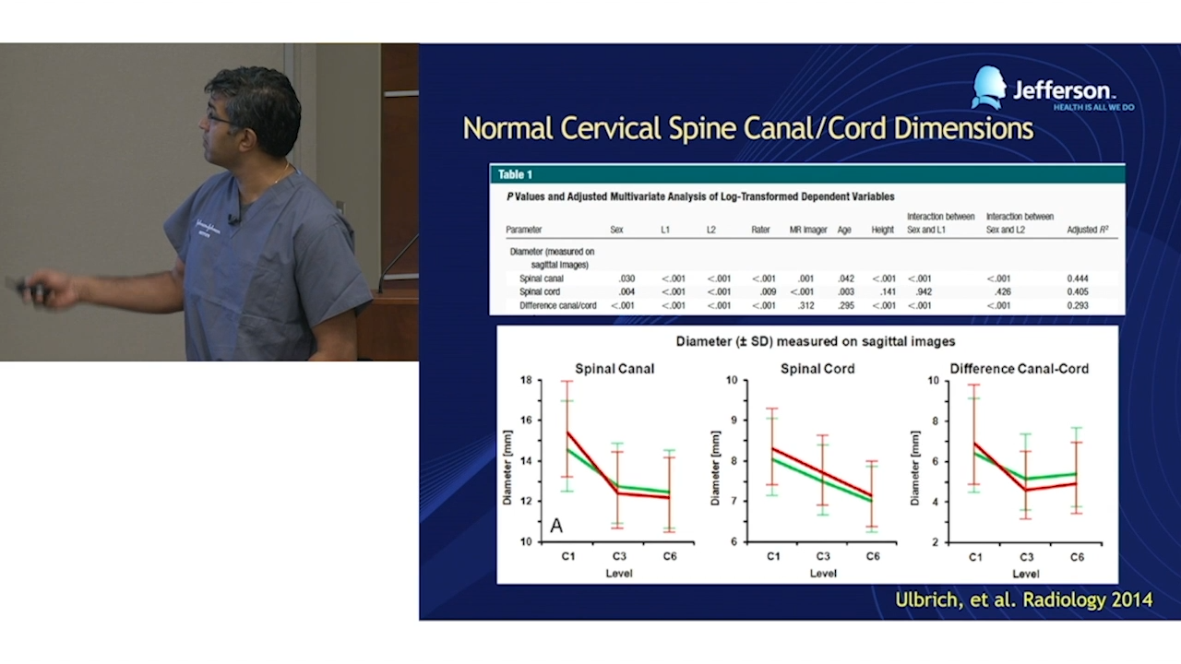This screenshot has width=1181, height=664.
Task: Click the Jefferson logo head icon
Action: click(x=988, y=88)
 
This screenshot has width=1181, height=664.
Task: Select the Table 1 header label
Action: click(x=515, y=174)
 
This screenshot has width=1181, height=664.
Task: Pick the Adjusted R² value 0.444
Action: click(x=1079, y=279)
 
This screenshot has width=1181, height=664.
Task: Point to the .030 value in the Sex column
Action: click(x=626, y=279)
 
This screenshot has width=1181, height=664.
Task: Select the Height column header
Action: click(x=882, y=230)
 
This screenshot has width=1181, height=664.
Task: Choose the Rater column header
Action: click(x=761, y=230)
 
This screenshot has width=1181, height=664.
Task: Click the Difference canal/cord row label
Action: click(x=557, y=306)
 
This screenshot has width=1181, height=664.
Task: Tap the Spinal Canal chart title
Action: click(x=614, y=369)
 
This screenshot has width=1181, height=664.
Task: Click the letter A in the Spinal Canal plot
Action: click(x=556, y=526)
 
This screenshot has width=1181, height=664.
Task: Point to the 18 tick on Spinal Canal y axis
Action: click(x=526, y=380)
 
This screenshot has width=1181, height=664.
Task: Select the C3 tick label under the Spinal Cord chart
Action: click(x=823, y=557)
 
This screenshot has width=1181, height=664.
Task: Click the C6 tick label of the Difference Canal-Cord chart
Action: click(x=1077, y=558)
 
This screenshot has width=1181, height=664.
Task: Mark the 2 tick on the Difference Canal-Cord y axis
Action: click(x=935, y=542)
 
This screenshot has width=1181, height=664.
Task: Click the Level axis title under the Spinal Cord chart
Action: click(x=823, y=574)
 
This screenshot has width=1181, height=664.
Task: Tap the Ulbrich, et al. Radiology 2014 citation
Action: click(x=1023, y=600)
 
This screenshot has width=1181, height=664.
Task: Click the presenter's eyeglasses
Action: click(x=220, y=120)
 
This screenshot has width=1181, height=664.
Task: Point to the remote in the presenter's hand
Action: click(x=28, y=289)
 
